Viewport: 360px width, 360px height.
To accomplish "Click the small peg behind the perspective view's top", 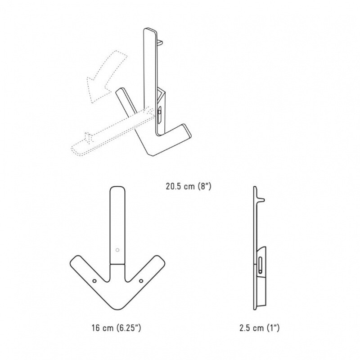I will [159, 41].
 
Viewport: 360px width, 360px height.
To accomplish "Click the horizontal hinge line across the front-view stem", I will [117, 264].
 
